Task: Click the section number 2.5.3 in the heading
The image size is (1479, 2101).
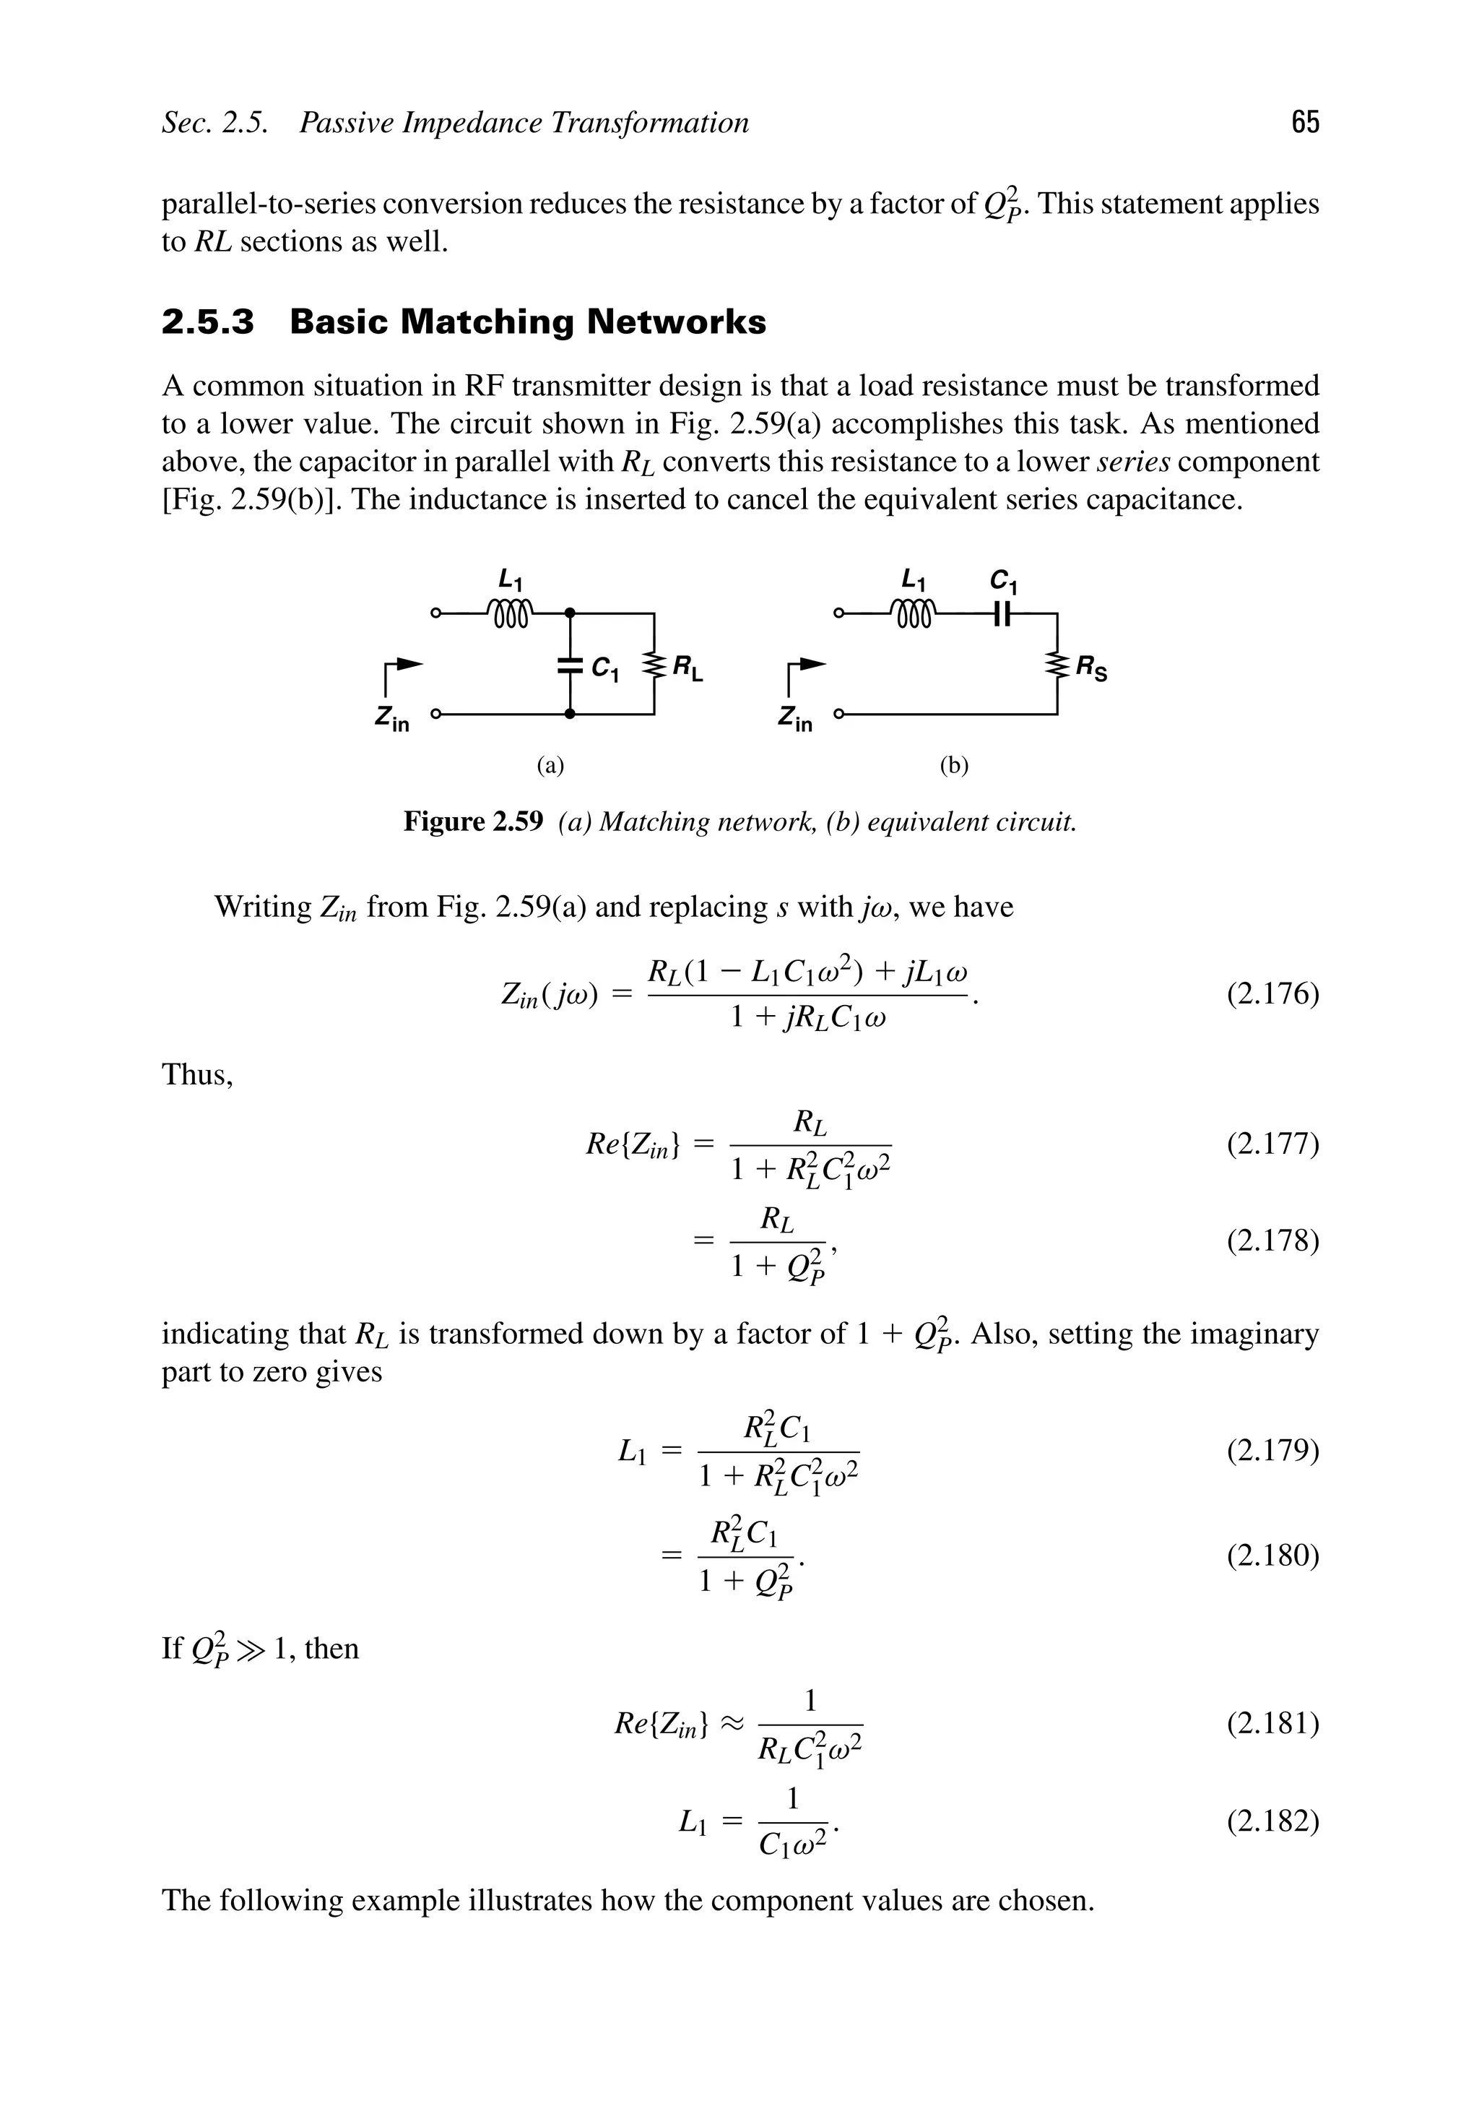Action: [208, 322]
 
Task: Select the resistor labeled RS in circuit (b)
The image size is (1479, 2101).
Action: [1057, 665]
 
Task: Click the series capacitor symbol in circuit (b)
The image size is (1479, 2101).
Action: [1003, 615]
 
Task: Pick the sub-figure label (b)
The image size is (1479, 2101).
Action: [954, 765]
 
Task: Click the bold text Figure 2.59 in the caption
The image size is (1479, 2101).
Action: [473, 821]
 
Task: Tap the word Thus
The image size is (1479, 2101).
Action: [198, 1074]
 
